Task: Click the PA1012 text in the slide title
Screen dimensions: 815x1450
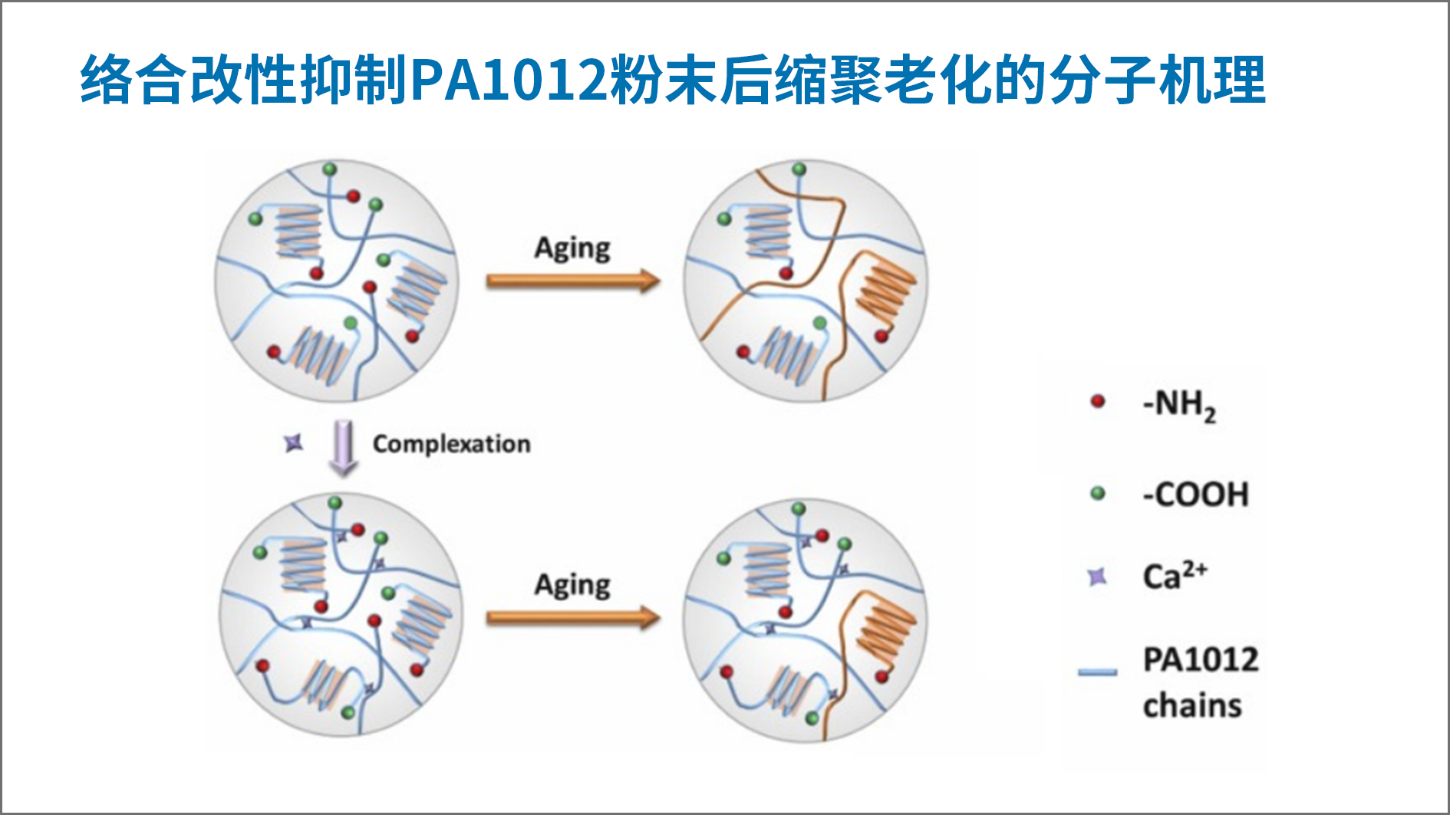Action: tap(509, 80)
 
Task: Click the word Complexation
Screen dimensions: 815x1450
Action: tap(451, 444)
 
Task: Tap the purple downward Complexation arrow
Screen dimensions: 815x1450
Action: tap(343, 448)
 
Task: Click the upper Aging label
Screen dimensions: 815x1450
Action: tap(572, 248)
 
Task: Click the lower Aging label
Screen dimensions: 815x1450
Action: tap(572, 585)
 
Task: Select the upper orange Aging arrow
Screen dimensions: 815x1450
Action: tap(572, 281)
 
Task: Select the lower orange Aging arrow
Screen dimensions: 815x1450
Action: tap(572, 617)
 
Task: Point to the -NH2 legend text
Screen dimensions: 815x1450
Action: tap(1179, 405)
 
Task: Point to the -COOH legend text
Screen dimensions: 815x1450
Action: tap(1195, 495)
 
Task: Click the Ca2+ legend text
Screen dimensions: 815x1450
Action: tap(1175, 576)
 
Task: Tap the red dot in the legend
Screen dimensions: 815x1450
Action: tap(1098, 401)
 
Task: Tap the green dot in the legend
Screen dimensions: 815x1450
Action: tap(1098, 493)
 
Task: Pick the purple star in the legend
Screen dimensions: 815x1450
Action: tap(1098, 577)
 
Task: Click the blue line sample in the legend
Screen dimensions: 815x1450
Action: tap(1097, 672)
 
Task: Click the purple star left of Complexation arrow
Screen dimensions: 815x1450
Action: tap(293, 443)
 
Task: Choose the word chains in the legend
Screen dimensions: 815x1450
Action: tap(1191, 705)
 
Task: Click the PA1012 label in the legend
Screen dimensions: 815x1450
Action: tap(1201, 659)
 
